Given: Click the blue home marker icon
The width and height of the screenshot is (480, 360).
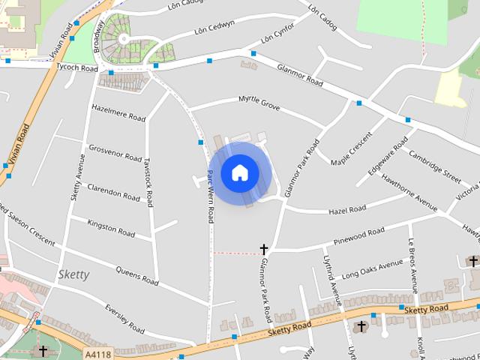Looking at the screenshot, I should [239, 172].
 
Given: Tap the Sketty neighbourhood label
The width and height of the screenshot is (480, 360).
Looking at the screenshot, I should [73, 274].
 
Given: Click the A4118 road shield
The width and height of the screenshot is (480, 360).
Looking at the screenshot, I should [97, 353].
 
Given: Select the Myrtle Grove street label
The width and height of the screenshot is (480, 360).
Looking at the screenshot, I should [259, 104].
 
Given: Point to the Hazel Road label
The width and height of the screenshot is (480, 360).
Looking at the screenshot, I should [347, 209].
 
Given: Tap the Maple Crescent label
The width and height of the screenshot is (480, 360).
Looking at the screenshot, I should [352, 148].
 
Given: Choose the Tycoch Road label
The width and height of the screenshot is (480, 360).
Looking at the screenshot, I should [77, 67].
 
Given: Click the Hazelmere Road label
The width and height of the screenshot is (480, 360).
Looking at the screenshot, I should [118, 112].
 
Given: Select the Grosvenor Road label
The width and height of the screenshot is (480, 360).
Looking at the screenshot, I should [115, 152].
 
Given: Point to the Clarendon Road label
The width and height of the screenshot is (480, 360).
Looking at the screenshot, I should [113, 192].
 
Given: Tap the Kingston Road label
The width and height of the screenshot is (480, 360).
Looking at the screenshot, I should [111, 229].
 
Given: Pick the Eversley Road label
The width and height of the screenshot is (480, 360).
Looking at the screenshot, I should [124, 319].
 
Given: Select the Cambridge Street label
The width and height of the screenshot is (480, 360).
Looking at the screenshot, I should [435, 166].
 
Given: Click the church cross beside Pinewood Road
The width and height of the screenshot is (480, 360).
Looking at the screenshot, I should [264, 249].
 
